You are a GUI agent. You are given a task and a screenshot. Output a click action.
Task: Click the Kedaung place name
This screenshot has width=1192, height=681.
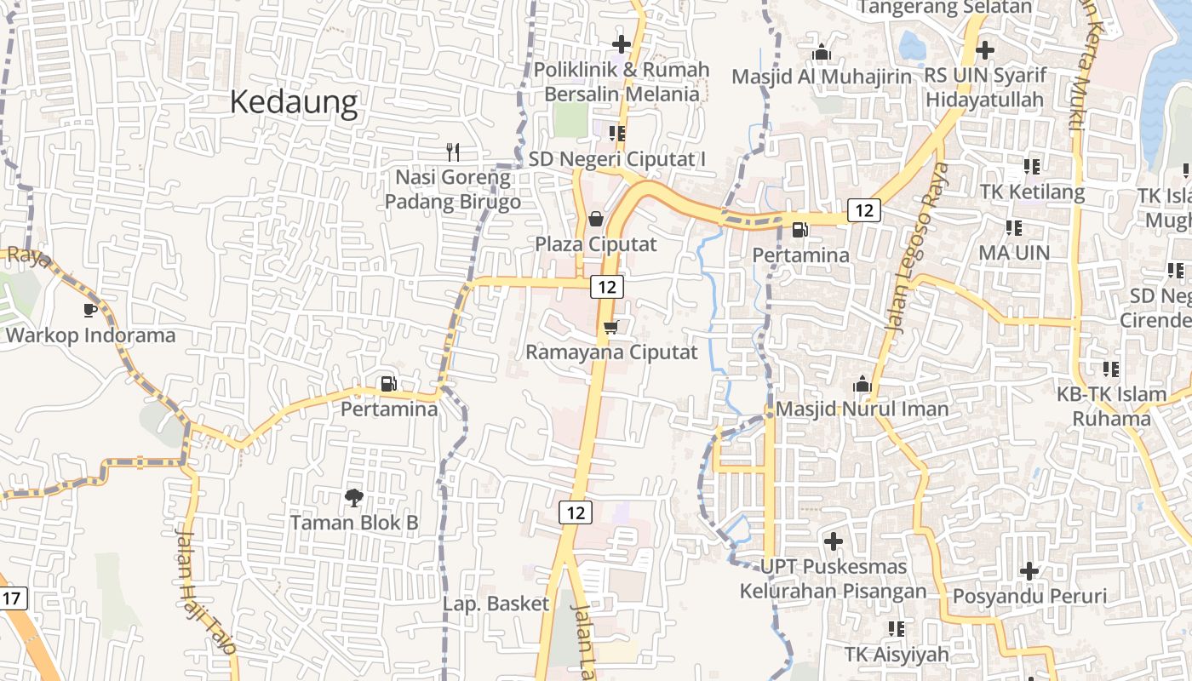pyautogui.click(x=294, y=103)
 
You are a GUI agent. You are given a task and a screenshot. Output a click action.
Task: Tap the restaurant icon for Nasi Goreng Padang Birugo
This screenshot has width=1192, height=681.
pyautogui.click(x=453, y=152)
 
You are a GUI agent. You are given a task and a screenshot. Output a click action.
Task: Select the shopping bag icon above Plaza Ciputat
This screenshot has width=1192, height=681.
pyautogui.click(x=596, y=219)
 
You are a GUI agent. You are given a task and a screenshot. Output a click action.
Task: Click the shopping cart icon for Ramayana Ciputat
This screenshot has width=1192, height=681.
pyautogui.click(x=610, y=327)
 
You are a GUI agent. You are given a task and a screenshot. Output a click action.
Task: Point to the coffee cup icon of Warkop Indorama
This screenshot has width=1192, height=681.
pyautogui.click(x=90, y=310)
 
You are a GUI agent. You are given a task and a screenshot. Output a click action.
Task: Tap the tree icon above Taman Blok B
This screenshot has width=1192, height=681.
pyautogui.click(x=353, y=496)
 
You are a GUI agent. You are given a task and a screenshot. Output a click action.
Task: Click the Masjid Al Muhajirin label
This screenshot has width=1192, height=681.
pyautogui.click(x=822, y=77)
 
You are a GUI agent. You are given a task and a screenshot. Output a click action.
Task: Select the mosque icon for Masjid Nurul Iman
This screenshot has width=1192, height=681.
pyautogui.click(x=862, y=384)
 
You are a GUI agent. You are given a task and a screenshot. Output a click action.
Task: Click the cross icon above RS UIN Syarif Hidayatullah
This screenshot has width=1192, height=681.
pyautogui.click(x=985, y=50)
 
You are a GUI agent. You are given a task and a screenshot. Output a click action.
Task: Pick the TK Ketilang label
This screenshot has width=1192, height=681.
pyautogui.click(x=1032, y=192)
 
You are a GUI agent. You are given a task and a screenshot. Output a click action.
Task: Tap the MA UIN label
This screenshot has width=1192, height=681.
pyautogui.click(x=1013, y=253)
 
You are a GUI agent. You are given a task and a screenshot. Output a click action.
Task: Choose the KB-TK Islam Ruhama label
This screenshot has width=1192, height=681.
pyautogui.click(x=1111, y=406)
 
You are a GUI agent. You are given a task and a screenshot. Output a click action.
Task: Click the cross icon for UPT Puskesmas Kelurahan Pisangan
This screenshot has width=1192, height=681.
pyautogui.click(x=834, y=541)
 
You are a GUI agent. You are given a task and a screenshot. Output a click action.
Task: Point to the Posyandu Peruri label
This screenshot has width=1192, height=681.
pyautogui.click(x=1029, y=596)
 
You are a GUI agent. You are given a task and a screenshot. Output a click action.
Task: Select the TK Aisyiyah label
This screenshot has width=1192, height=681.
pyautogui.click(x=896, y=654)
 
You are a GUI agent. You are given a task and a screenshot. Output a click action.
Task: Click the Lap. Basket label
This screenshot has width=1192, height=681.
pyautogui.click(x=496, y=604)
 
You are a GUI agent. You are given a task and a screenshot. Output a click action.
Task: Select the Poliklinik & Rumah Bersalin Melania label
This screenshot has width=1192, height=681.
pyautogui.click(x=622, y=82)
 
